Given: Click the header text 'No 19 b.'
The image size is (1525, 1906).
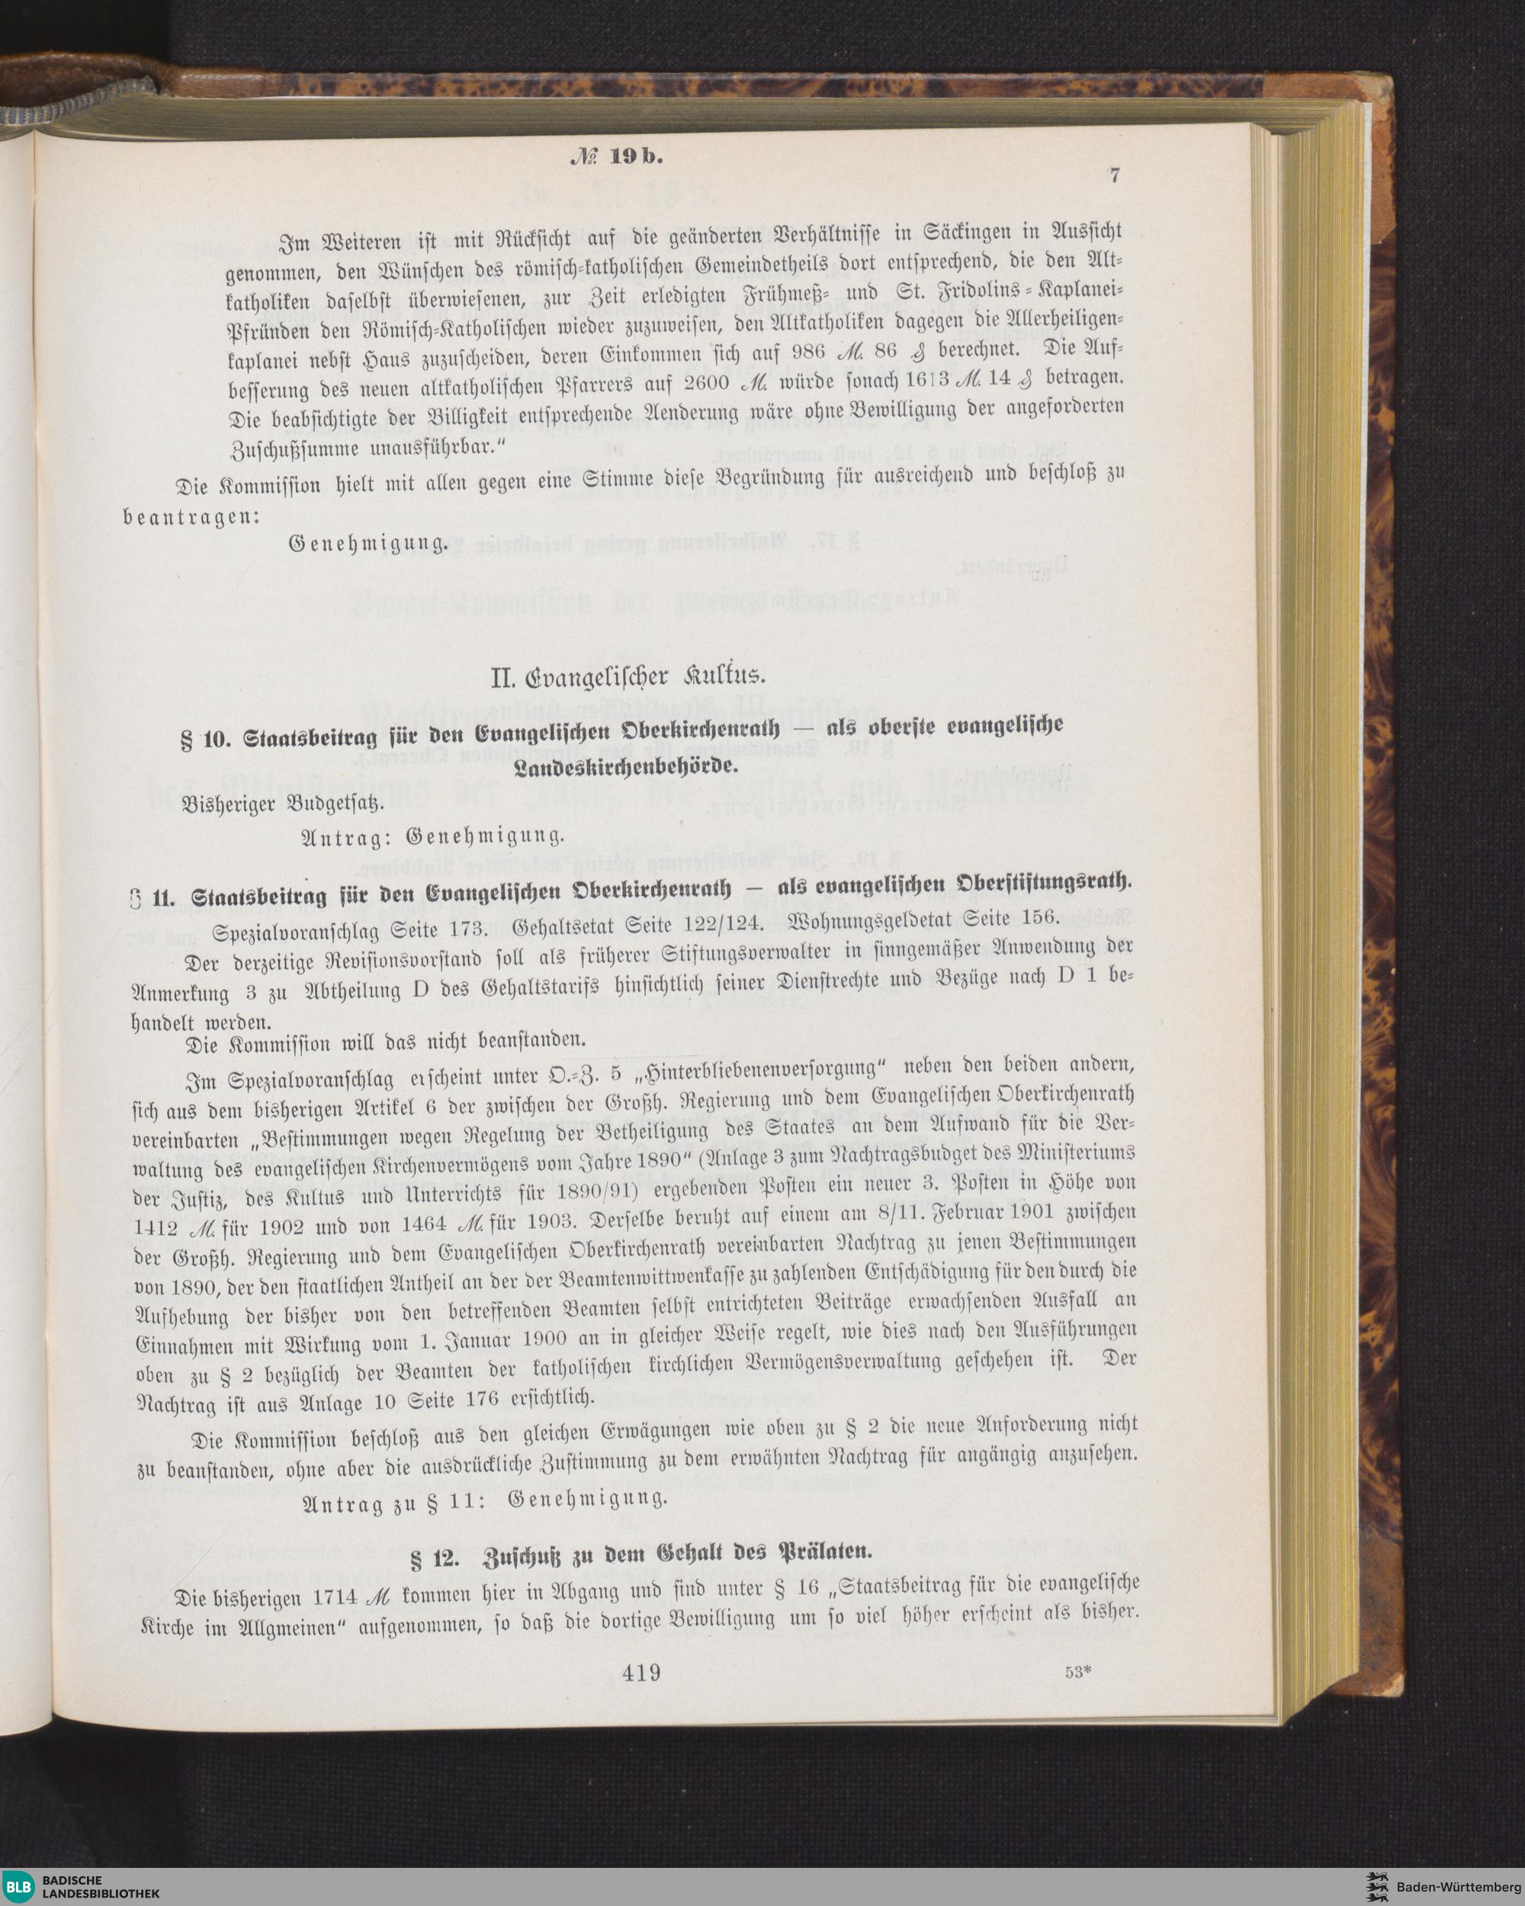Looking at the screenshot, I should click(615, 156).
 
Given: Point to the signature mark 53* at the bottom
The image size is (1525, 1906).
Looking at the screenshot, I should click(1080, 1673).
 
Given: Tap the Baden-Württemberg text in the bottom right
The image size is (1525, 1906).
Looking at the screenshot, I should click(1458, 1883).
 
